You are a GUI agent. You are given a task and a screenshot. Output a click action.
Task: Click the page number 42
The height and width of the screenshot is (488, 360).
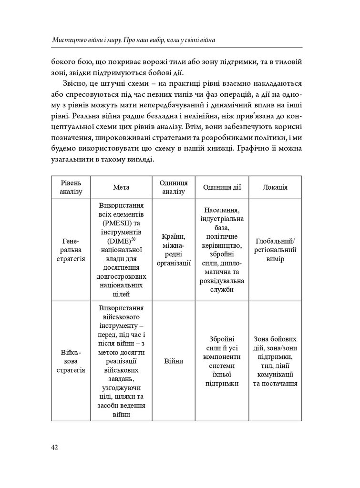pyautogui.click(x=54, y=447)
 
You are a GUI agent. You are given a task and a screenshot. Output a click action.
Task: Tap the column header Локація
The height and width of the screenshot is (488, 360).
pyautogui.click(x=275, y=187)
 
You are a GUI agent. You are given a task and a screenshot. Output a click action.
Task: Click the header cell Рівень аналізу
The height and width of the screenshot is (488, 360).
pyautogui.click(x=71, y=187)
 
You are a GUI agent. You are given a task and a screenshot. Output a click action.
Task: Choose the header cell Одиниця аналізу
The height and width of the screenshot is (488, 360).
pyautogui.click(x=174, y=187)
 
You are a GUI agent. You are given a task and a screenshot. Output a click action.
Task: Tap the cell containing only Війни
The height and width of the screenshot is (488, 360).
pyautogui.click(x=174, y=361)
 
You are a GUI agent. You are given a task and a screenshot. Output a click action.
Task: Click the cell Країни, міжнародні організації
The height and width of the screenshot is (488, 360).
pyautogui.click(x=174, y=250)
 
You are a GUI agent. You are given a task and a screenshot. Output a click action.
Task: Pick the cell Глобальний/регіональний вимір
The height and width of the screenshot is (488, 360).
pyautogui.click(x=275, y=250)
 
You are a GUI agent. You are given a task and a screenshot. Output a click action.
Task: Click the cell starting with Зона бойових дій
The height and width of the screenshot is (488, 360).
pyautogui.click(x=275, y=361)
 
